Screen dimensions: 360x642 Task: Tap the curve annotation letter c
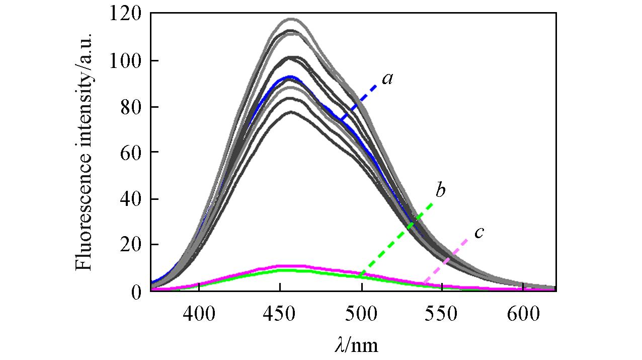pos(479,232)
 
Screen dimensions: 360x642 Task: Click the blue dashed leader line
pos(358,102)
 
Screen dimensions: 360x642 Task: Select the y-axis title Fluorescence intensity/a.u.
pos(85,151)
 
